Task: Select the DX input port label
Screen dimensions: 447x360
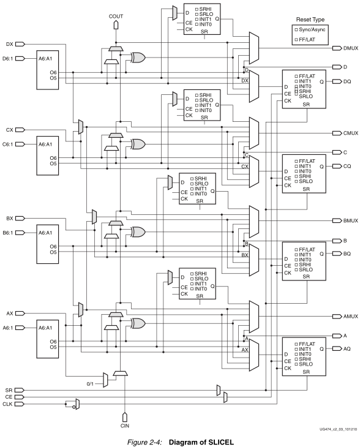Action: (9, 44)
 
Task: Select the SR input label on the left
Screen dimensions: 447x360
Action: (8, 389)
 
